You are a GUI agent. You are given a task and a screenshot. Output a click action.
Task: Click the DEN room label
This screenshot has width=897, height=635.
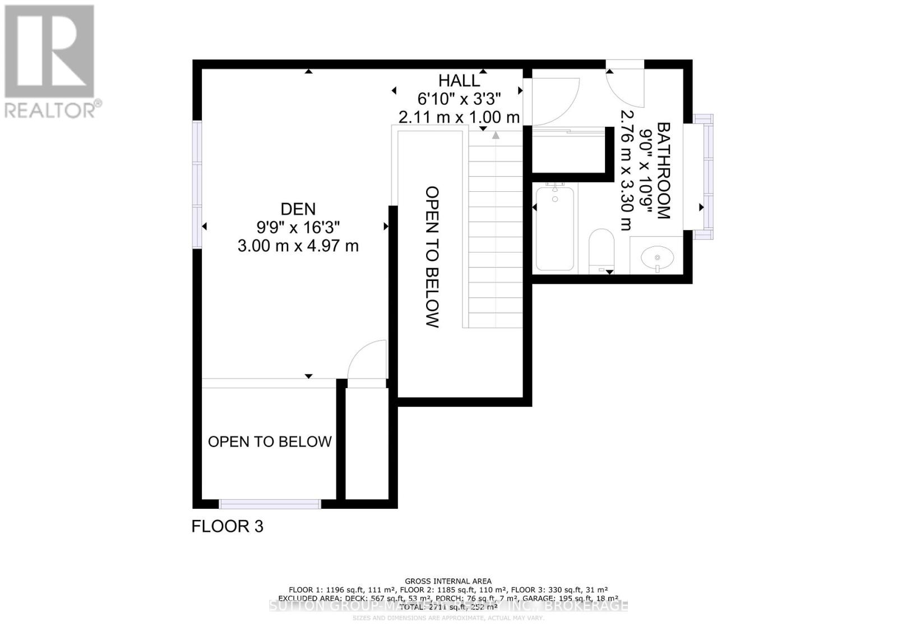pyautogui.click(x=298, y=209)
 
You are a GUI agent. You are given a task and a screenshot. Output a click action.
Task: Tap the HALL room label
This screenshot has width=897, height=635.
pyautogui.click(x=459, y=81)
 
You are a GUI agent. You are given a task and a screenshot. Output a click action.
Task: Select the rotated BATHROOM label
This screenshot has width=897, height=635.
pyautogui.click(x=663, y=171)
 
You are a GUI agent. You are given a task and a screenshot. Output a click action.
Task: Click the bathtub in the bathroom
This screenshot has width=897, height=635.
pyautogui.click(x=554, y=228)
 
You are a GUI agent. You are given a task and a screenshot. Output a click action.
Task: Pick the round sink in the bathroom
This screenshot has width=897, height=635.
pyautogui.click(x=657, y=259)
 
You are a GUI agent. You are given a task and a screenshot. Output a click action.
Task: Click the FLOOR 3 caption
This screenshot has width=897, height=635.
pyautogui.click(x=227, y=526)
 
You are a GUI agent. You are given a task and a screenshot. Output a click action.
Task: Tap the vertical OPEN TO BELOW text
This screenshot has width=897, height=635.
pyautogui.click(x=432, y=256)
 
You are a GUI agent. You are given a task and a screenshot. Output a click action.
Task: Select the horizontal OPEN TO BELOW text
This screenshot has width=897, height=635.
pyautogui.click(x=270, y=442)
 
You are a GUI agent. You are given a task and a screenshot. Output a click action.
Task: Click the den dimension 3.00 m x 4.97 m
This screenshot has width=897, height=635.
pyautogui.click(x=298, y=246)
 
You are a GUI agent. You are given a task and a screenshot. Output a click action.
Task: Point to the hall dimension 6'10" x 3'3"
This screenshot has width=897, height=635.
pyautogui.click(x=459, y=99)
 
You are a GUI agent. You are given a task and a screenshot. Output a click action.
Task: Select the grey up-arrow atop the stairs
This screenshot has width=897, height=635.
pyautogui.click(x=496, y=135)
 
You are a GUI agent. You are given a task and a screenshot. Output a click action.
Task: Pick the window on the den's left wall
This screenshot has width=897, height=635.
pyautogui.click(x=197, y=185)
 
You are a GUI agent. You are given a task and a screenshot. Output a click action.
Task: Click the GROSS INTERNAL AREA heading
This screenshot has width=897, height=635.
pyautogui.click(x=448, y=581)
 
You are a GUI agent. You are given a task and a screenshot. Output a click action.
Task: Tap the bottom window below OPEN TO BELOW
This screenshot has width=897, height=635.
pyautogui.click(x=270, y=504)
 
